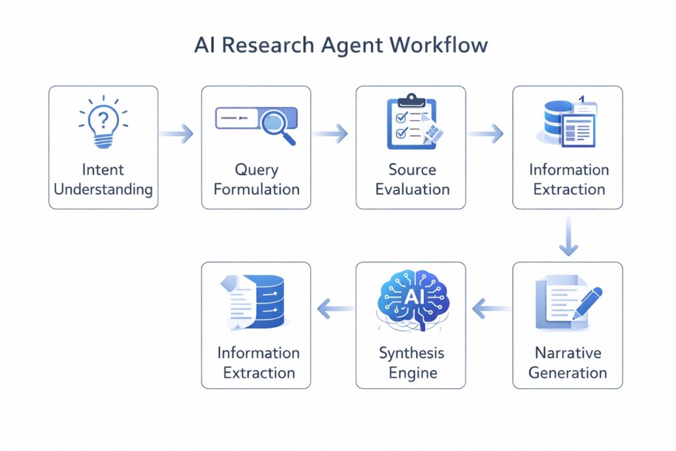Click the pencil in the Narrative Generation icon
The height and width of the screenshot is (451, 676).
pos(587,302)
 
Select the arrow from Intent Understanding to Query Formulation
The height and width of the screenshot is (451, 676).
pos(178,134)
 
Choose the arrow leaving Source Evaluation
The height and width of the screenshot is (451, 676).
pos(487,134)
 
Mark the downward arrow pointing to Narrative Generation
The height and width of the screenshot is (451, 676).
pos(568,236)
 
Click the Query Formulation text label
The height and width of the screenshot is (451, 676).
pos(256,180)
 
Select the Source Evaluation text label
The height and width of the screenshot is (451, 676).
pos(412,180)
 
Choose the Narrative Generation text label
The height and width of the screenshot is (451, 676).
pos(567,363)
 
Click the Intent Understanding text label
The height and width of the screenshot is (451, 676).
pos(103,180)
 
